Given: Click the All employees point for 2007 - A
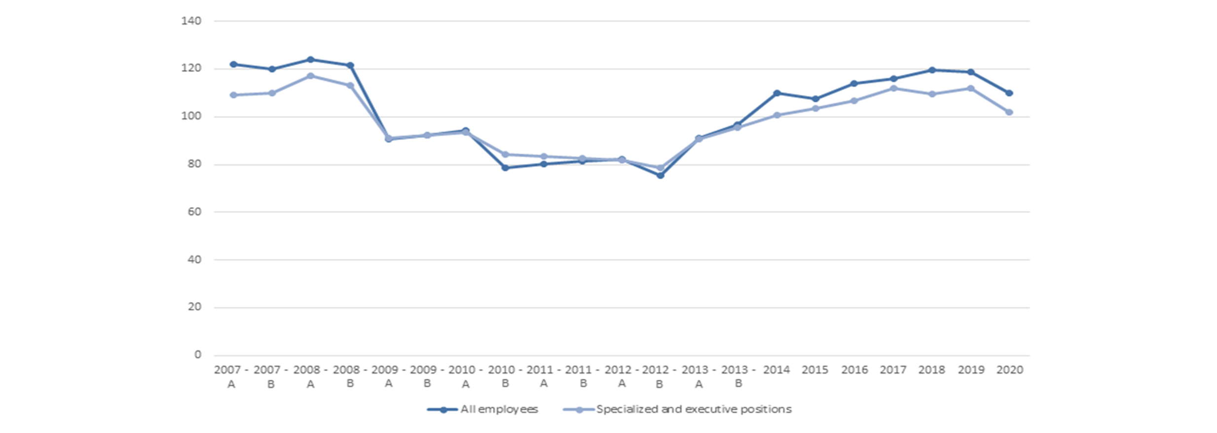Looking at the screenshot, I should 233,65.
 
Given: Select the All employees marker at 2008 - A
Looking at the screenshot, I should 311,60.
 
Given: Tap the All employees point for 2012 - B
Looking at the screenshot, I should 660,175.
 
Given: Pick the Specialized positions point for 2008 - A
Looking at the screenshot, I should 311,76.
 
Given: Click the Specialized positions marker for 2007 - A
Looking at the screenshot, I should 233,95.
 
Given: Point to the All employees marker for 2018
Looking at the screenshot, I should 932,70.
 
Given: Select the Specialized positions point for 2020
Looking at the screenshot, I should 1009,112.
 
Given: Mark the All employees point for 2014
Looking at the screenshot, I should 777,93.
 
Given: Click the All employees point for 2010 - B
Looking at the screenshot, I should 505,168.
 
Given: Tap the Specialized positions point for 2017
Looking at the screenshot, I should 893,88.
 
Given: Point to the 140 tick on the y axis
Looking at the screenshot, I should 191,21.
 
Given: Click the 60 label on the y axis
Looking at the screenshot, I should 194,212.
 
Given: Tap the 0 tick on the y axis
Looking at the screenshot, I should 198,355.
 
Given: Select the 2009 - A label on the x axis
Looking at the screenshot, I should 388,376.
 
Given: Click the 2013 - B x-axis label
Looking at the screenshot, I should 738,376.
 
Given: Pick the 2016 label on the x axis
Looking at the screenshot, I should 854,370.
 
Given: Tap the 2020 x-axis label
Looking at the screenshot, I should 1009,370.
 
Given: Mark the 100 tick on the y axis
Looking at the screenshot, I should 191,116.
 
